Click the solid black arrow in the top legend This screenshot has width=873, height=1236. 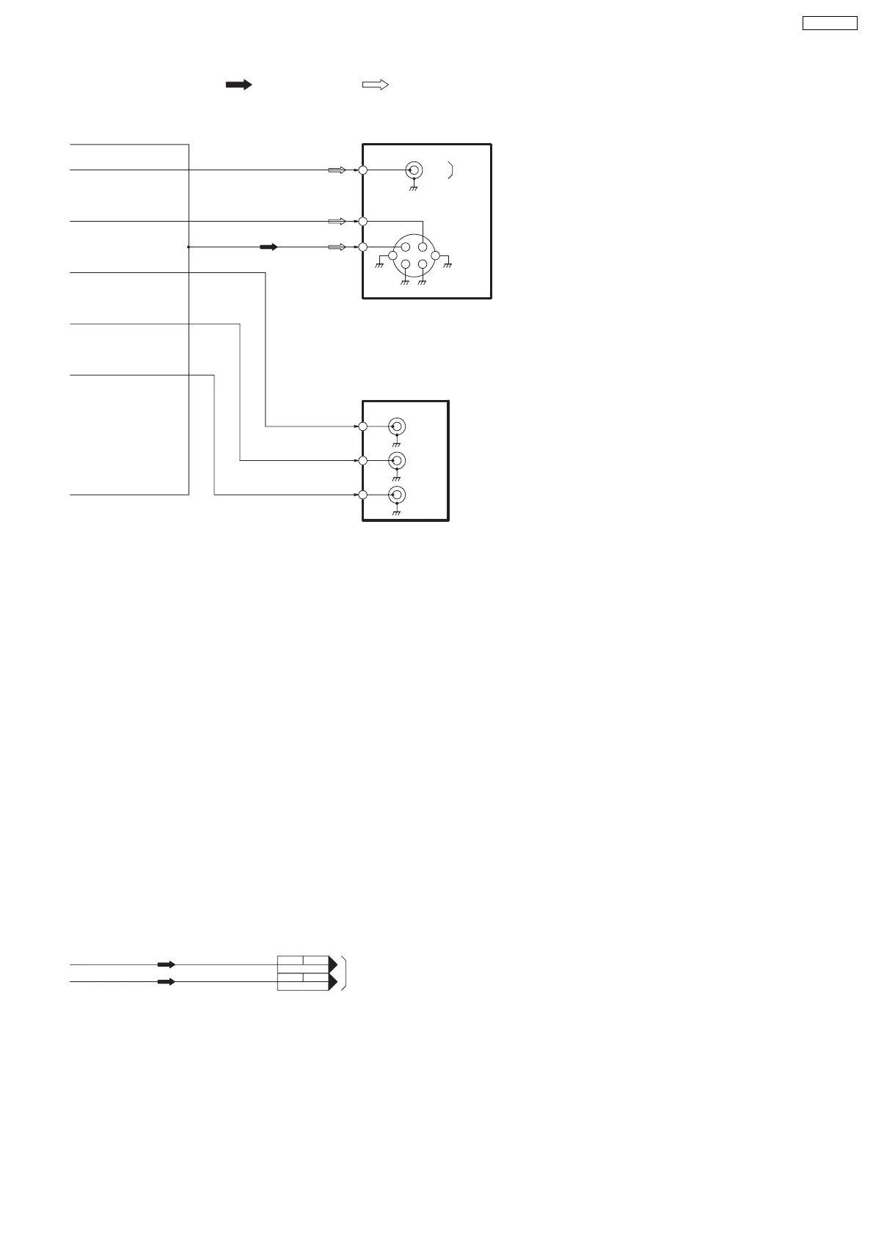(x=238, y=85)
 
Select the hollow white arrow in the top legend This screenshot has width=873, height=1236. (x=375, y=85)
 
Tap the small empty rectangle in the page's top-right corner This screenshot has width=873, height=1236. (x=829, y=23)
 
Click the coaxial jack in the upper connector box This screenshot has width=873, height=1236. (x=414, y=170)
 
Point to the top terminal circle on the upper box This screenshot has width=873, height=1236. (x=363, y=170)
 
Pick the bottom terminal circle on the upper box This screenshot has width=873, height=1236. (x=363, y=247)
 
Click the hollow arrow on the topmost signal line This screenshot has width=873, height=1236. (x=337, y=170)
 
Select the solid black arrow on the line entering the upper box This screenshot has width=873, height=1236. (x=269, y=247)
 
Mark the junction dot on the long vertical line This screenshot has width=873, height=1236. (x=189, y=247)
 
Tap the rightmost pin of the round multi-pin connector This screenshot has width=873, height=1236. (x=435, y=255)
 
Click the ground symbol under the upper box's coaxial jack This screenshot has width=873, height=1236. (x=414, y=189)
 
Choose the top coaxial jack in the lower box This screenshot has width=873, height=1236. (x=397, y=426)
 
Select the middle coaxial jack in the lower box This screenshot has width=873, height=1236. (x=397, y=460)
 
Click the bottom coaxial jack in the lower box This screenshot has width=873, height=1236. (x=397, y=495)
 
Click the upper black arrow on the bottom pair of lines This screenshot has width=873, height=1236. (x=167, y=964)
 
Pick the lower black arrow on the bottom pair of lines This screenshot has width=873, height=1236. (x=167, y=981)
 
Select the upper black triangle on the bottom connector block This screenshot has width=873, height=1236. (x=333, y=964)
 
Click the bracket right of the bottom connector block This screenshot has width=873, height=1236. (x=344, y=973)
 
